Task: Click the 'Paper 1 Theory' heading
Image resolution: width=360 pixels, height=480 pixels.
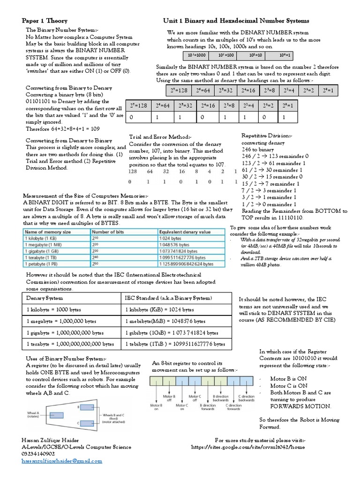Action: (45, 21)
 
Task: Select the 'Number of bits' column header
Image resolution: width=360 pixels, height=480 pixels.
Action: (108, 232)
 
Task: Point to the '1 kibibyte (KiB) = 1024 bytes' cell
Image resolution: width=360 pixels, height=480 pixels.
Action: (159, 310)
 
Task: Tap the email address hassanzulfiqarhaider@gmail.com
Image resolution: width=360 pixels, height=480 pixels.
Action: (61, 461)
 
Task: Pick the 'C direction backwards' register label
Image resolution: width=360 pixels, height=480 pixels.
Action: (246, 398)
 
